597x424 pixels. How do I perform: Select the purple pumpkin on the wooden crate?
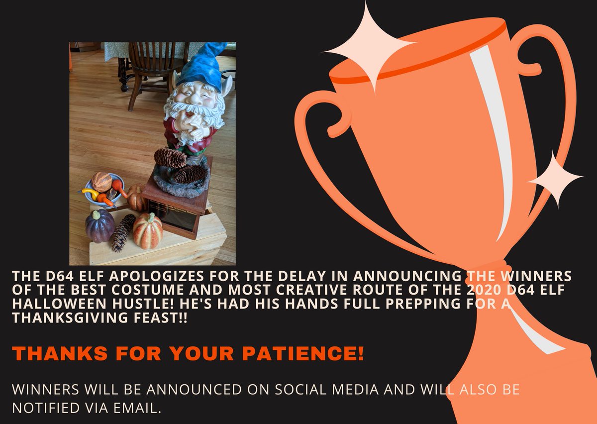(99, 225)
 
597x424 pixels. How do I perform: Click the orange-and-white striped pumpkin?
(148, 230)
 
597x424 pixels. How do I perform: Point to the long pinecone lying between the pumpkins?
(122, 232)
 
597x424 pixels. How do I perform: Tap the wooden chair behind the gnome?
(149, 70)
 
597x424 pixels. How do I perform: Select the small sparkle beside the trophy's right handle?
(554, 178)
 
